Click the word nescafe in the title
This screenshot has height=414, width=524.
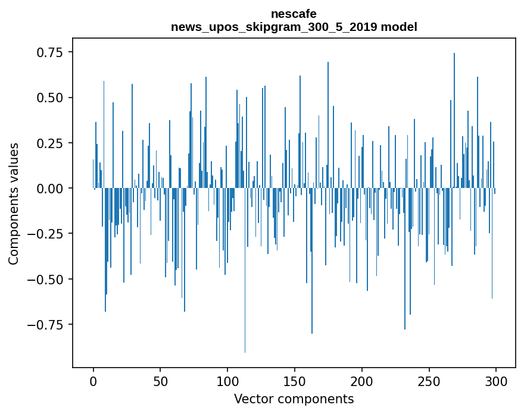294,14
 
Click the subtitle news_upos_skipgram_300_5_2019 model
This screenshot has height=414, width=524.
294,27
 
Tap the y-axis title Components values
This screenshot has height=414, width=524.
13,203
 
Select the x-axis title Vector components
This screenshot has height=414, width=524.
294,399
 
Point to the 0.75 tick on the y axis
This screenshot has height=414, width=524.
51,52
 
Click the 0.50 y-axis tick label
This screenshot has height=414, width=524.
51,98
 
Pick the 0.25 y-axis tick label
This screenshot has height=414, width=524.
51,143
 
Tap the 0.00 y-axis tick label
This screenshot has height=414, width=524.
51,189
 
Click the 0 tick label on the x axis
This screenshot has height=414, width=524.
93,382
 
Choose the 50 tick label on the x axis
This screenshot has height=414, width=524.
161,382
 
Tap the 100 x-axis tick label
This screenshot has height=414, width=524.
227,382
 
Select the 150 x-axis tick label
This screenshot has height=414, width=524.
295,382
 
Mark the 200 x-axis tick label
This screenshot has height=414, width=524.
362,382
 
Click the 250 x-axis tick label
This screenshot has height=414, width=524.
429,382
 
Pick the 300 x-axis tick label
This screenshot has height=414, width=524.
496,382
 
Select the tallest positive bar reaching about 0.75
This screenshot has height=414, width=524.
454,119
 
